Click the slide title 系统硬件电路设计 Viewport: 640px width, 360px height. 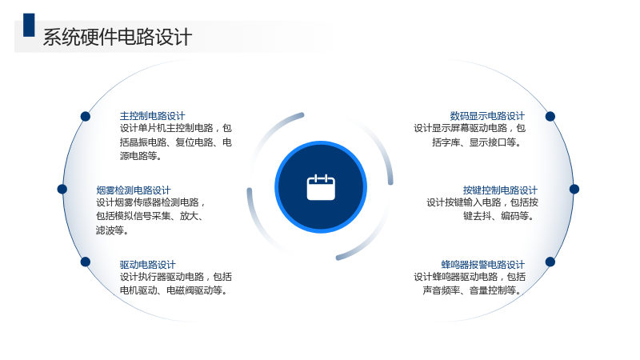point(118,37)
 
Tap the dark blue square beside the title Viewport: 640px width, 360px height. point(29,25)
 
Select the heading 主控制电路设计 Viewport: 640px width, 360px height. point(152,116)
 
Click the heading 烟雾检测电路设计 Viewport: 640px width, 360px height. point(134,190)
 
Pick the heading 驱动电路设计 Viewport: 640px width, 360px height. point(147,265)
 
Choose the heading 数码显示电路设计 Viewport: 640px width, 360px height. point(487,116)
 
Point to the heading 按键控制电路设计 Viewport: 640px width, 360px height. point(501,190)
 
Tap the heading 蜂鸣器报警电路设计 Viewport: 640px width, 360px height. point(483,265)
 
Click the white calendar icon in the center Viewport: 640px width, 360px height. point(321,187)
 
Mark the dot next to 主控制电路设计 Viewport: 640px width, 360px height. point(86,116)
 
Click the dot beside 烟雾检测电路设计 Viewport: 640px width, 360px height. point(62,189)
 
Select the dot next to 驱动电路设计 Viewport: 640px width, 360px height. point(86,262)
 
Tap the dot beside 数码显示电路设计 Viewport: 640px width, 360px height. point(550,116)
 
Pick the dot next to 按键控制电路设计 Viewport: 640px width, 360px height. point(574,189)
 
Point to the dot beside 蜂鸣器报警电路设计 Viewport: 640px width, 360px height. point(550,262)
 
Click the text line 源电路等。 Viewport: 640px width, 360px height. point(141,156)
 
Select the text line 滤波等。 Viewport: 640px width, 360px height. point(113,230)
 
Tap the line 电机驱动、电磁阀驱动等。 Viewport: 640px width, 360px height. point(174,290)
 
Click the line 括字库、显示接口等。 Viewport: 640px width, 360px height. point(477,142)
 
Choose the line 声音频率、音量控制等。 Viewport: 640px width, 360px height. point(473,290)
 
